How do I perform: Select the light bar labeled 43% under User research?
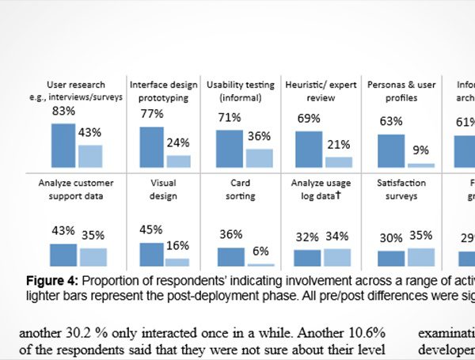point(90,156)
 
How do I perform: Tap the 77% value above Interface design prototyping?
point(152,114)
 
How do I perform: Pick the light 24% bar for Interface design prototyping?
point(178,161)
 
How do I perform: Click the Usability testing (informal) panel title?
point(241,91)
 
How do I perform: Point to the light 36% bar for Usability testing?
point(260,157)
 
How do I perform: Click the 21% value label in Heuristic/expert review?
point(339,144)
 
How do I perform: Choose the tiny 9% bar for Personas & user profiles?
point(420,165)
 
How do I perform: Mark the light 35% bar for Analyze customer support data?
point(93,256)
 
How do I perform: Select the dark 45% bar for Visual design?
point(151,254)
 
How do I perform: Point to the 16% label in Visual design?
point(177,246)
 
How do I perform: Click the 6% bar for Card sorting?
point(260,264)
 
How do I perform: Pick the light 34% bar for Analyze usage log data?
point(337,256)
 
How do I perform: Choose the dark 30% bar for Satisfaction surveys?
point(391,258)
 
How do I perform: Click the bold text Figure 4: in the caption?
point(52,280)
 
